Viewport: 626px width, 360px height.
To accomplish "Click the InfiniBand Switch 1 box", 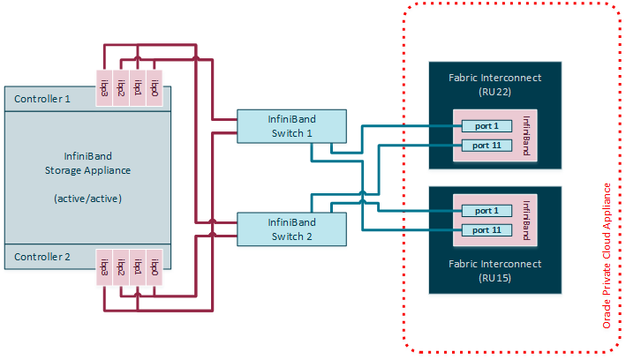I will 291,125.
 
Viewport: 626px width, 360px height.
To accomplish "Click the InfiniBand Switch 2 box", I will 291,229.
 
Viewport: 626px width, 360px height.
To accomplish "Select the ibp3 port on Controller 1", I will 105,88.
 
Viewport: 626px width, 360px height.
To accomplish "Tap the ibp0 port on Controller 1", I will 155,88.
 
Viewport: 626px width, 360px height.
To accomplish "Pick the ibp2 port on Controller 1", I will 121,88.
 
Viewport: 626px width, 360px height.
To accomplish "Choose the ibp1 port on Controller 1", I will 138,88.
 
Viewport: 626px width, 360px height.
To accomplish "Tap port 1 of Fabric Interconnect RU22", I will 486,127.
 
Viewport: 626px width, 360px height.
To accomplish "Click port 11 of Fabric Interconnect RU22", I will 486,145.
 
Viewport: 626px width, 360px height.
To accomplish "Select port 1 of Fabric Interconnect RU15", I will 486,211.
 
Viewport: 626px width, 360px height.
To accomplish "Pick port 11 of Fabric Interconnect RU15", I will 486,229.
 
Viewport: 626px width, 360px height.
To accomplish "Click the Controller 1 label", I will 43,99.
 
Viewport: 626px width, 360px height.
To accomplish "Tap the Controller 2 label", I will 43,257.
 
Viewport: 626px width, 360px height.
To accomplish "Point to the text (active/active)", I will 87,199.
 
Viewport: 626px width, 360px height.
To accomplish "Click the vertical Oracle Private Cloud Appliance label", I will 607,256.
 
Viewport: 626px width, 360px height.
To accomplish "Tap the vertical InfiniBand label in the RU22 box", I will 526,135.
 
